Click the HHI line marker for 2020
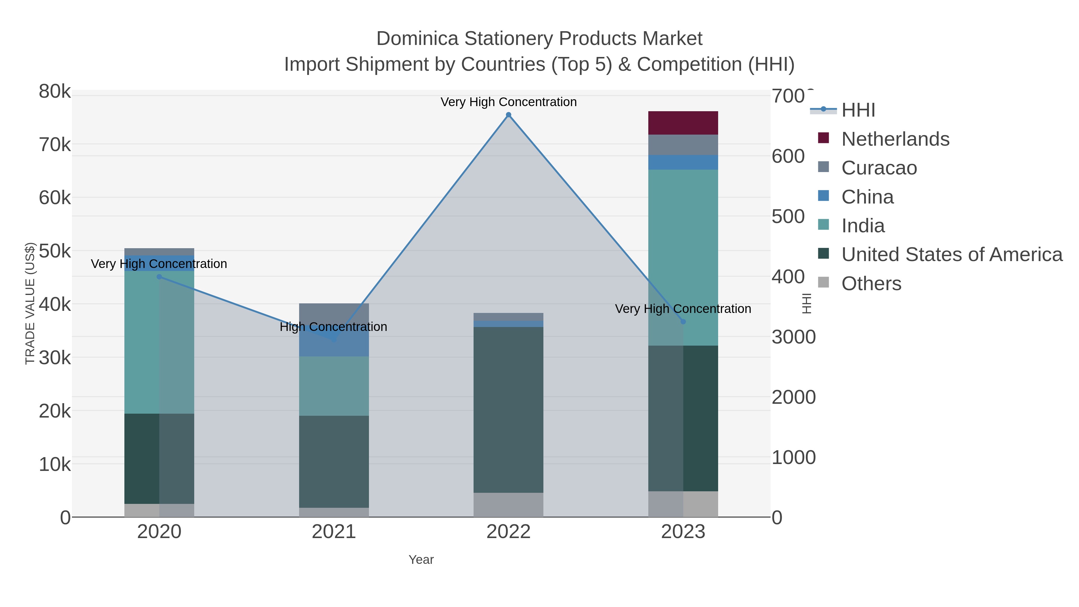159,277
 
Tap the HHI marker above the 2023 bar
683,322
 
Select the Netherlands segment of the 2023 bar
683,123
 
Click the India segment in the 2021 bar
334,386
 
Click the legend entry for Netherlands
895,139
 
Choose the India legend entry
863,226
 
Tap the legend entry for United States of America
952,255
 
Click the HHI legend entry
858,110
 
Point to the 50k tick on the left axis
55,251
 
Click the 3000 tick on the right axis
793,337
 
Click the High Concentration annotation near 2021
333,327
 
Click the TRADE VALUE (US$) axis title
30,303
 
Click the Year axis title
421,560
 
